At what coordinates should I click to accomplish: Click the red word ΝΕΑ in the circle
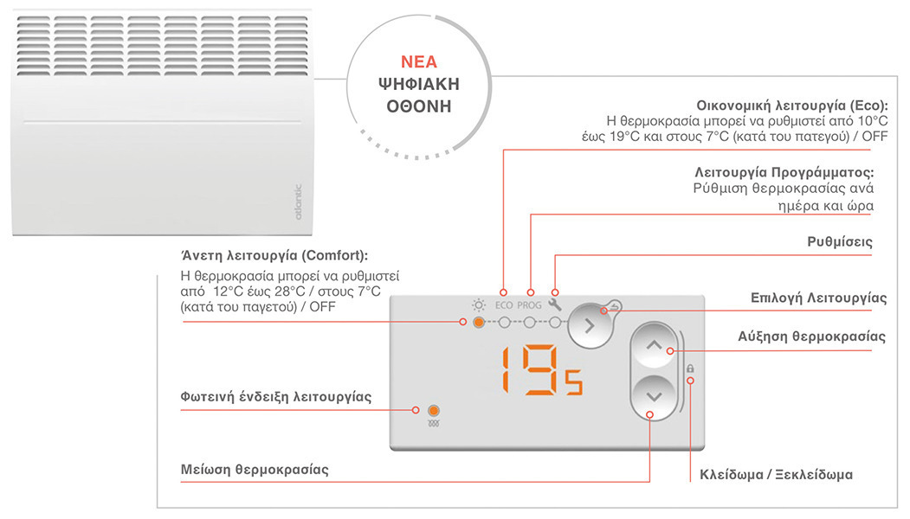[x=418, y=62]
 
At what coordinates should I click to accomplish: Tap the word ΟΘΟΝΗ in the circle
[x=418, y=106]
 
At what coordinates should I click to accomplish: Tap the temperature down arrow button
[x=654, y=397]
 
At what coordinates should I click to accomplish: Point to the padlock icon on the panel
[x=690, y=369]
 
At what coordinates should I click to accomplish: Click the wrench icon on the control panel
[x=556, y=304]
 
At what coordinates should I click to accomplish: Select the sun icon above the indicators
[x=477, y=304]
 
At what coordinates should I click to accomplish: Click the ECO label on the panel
[x=504, y=305]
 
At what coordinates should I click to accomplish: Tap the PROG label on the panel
[x=529, y=305]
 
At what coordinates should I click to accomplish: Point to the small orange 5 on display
[x=574, y=382]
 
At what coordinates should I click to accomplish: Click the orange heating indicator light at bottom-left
[x=434, y=409]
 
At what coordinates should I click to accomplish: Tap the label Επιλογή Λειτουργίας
[x=818, y=298]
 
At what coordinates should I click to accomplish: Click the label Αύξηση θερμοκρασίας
[x=811, y=336]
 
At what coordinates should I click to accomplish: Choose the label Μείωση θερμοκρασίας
[x=255, y=471]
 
